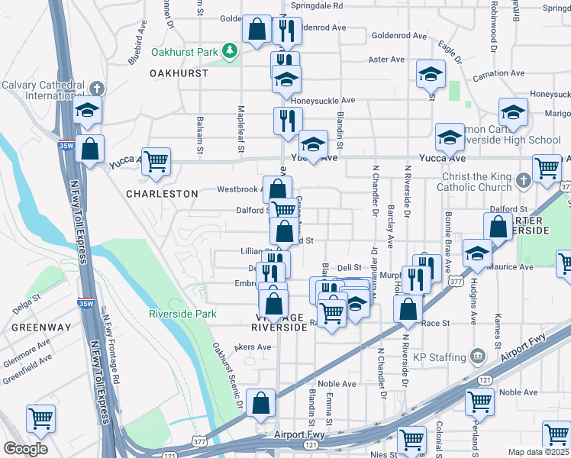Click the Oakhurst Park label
point(184,53)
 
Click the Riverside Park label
point(182,314)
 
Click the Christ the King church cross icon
point(522,179)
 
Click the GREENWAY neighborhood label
point(40,327)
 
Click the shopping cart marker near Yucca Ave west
point(156,161)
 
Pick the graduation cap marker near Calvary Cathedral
point(88,111)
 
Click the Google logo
point(25,449)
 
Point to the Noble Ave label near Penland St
point(519,392)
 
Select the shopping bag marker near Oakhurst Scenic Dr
point(260,402)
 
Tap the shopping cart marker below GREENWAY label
point(40,418)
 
